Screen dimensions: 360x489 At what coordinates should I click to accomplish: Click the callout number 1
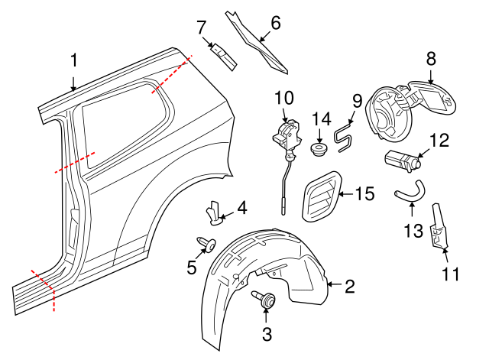(74, 60)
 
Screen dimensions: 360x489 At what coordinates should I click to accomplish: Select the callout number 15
(365, 194)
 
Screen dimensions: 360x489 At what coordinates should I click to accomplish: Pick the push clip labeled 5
(204, 244)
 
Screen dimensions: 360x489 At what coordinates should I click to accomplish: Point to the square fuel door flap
(432, 96)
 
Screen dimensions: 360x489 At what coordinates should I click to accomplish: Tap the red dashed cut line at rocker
(44, 289)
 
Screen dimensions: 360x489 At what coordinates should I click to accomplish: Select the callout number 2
(349, 287)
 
